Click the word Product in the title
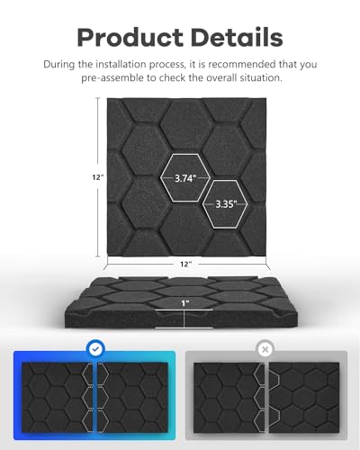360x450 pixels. pos(130,38)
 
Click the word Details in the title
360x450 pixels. pos(237,37)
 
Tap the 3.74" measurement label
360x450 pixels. pos(185,178)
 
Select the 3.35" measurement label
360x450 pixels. pos(226,204)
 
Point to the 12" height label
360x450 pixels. pos(98,177)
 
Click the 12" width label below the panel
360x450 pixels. pos(185,264)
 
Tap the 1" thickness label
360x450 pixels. pos(185,303)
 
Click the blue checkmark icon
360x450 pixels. pos(95,349)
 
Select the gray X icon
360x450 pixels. pos(265,349)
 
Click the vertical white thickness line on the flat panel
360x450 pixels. pos(184,319)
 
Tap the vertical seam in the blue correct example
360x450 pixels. pos(96,398)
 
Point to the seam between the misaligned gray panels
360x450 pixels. pos(266,398)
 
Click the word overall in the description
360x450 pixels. pos(213,78)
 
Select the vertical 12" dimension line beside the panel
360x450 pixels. pos(97,177)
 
